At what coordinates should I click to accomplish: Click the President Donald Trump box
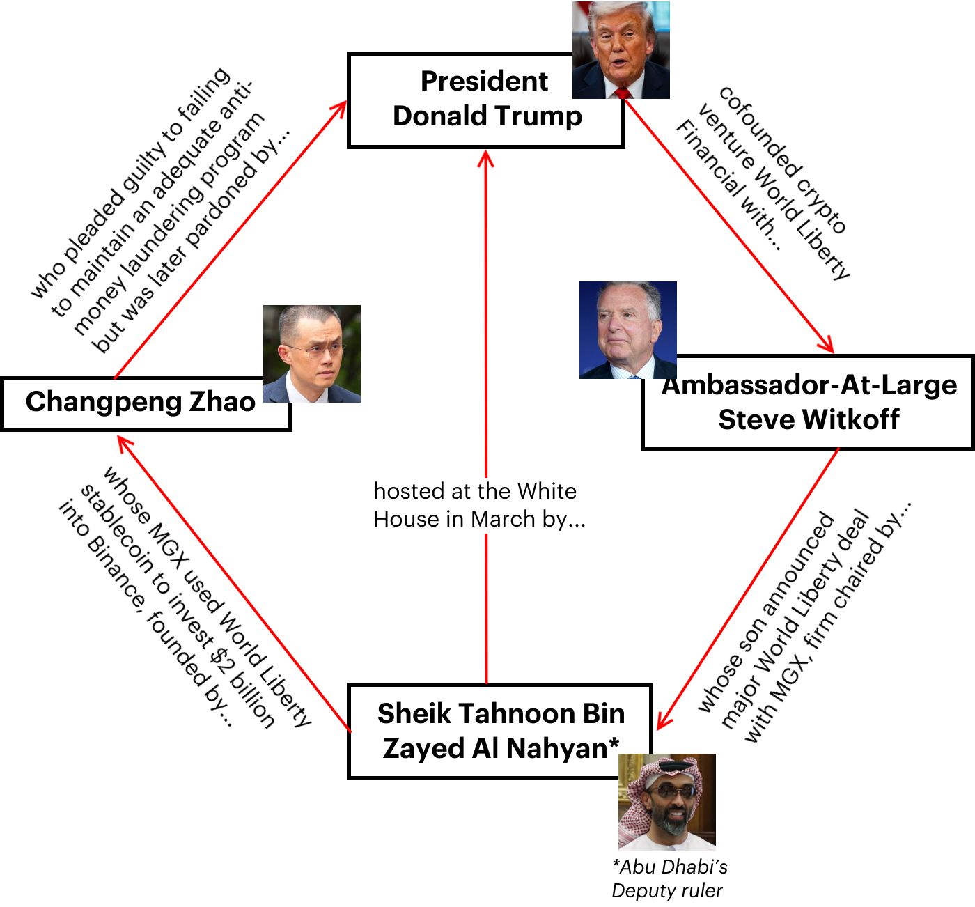tap(485, 100)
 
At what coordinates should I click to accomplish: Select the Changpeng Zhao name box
tap(146, 404)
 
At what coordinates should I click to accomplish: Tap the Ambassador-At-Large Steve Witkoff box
tap(808, 402)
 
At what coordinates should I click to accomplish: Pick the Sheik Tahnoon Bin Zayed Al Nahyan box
tap(500, 731)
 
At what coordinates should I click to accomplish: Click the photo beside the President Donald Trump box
tap(621, 50)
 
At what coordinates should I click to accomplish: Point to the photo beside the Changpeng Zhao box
tap(312, 354)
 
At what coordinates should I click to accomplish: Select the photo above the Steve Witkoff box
tap(628, 330)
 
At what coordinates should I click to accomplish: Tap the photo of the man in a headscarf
tap(666, 803)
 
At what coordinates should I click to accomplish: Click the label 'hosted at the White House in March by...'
tap(480, 505)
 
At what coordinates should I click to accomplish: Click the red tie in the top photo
tap(623, 93)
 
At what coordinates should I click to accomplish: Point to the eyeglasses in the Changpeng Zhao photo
tap(314, 350)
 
